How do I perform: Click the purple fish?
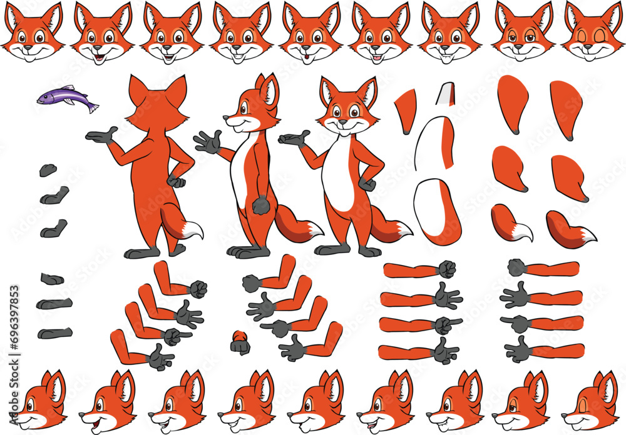click(x=66, y=98)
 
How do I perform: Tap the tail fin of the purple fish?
click(x=93, y=107)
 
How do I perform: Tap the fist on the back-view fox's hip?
click(x=177, y=181)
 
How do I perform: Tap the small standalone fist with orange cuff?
click(x=239, y=343)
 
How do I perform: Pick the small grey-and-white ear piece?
click(x=445, y=93)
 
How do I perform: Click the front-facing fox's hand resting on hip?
click(x=368, y=184)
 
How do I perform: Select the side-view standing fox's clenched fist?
click(x=260, y=205)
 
